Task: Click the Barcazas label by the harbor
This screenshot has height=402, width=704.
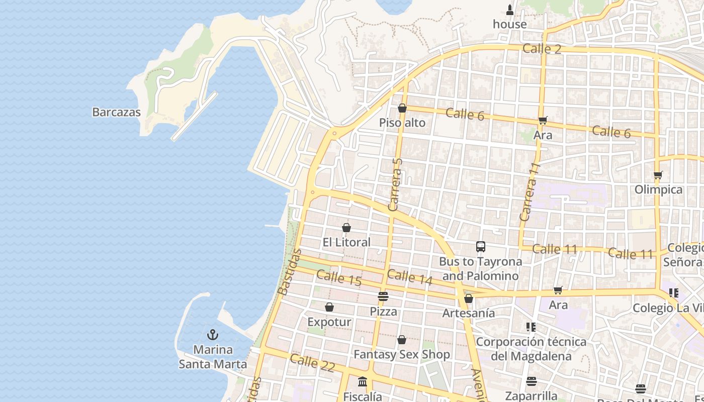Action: pyautogui.click(x=116, y=112)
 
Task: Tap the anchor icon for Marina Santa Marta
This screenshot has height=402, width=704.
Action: pyautogui.click(x=213, y=335)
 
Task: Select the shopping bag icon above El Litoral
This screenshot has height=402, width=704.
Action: pyautogui.click(x=346, y=228)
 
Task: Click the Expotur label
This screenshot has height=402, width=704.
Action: pyautogui.click(x=329, y=322)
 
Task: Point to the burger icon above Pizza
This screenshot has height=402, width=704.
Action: pyautogui.click(x=383, y=296)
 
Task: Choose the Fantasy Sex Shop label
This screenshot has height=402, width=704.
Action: pyautogui.click(x=402, y=355)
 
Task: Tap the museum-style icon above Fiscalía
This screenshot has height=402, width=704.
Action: pyautogui.click(x=363, y=382)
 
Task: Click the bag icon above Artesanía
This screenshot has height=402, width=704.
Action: pyautogui.click(x=469, y=298)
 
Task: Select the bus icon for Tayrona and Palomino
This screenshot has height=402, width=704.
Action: pyautogui.click(x=481, y=247)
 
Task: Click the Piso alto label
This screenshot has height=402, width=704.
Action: pyautogui.click(x=402, y=123)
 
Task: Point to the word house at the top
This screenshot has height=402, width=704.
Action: pyautogui.click(x=510, y=24)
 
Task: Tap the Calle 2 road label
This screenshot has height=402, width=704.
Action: pyautogui.click(x=542, y=49)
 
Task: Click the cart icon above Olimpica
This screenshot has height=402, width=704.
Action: pyautogui.click(x=658, y=175)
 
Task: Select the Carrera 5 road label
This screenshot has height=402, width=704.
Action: pyautogui.click(x=396, y=184)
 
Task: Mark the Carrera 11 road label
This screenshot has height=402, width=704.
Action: pyautogui.click(x=530, y=191)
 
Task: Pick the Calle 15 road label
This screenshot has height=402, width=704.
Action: pyautogui.click(x=339, y=278)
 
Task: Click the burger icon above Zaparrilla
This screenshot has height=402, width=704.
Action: pyautogui.click(x=532, y=381)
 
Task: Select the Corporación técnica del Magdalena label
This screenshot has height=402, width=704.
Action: pyautogui.click(x=531, y=349)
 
